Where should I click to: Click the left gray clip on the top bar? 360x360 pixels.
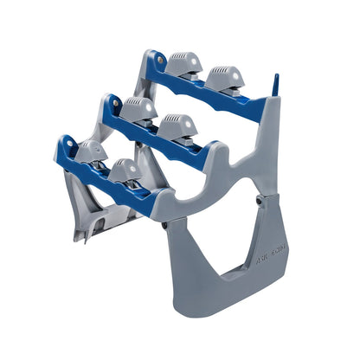[x=183, y=65]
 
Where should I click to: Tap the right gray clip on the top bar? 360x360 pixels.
[x=225, y=78]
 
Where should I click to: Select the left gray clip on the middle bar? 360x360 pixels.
[x=138, y=110]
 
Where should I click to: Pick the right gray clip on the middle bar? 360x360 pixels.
[x=177, y=128]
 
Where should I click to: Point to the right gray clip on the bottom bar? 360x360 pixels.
[x=127, y=170]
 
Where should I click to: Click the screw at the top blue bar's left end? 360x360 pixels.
[x=160, y=60]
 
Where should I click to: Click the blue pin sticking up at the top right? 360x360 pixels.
[x=276, y=85]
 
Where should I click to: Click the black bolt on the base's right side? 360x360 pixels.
[x=259, y=201]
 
